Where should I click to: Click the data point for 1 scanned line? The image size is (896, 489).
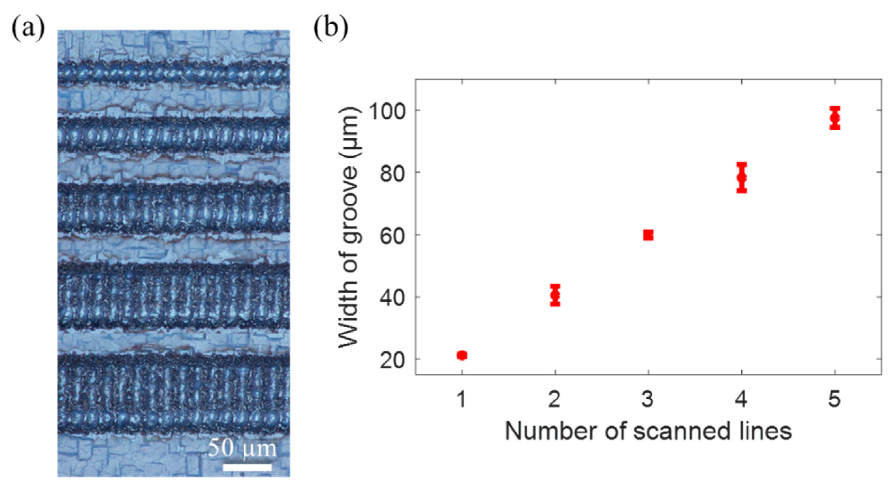[x=462, y=355]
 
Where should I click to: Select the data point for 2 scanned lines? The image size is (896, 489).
[x=555, y=295]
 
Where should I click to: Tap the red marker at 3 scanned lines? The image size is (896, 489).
[x=648, y=235]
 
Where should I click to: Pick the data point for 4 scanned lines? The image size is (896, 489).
[x=742, y=177]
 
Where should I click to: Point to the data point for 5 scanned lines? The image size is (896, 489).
[x=835, y=118]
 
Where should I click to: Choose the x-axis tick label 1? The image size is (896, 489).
[x=462, y=399]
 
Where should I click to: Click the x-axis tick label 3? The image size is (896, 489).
[x=648, y=399]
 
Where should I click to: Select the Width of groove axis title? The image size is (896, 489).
[x=350, y=227]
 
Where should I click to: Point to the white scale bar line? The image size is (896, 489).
[x=247, y=467]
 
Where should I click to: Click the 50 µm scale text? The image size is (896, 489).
[x=243, y=448]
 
